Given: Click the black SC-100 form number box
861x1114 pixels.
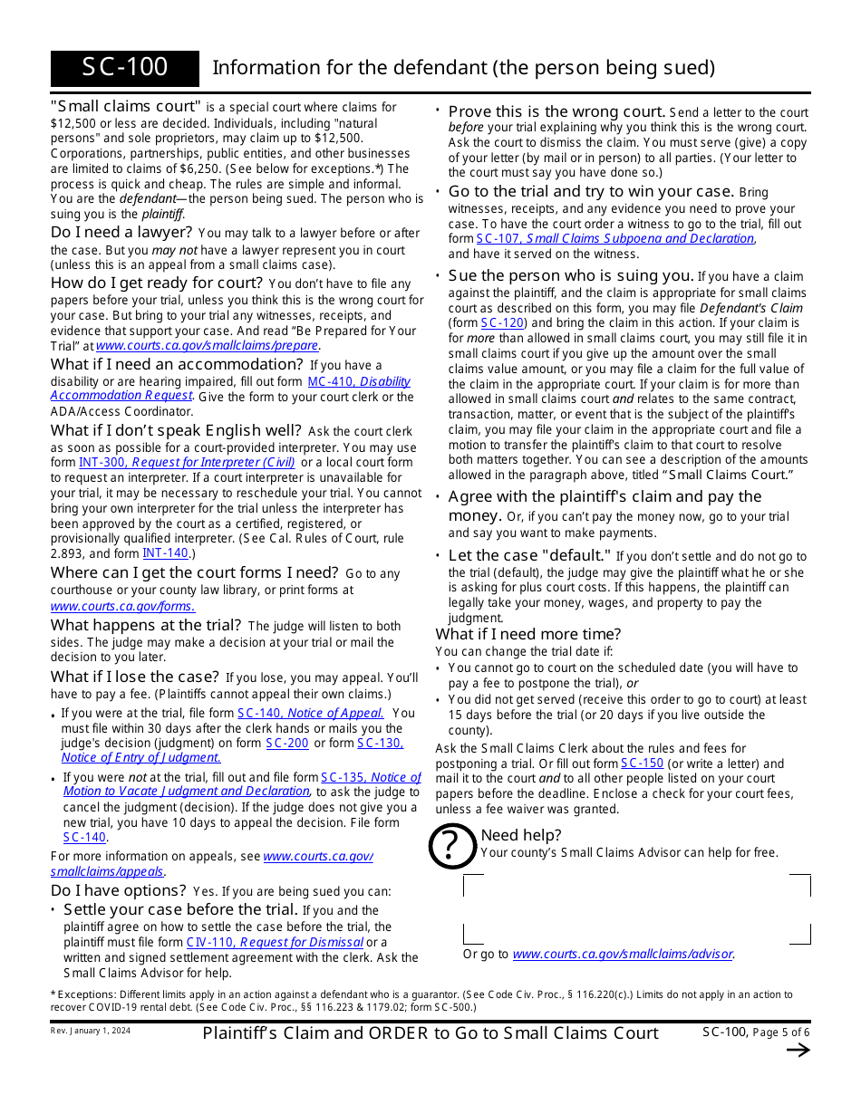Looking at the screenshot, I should (125, 68).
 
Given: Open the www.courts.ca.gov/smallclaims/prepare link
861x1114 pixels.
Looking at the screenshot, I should (207, 345).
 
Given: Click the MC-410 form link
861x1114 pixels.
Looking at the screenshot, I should (330, 381).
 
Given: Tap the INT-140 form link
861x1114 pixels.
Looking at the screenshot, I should (165, 552).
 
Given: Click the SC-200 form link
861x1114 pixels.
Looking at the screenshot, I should (287, 743).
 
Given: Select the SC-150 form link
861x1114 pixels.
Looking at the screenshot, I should (642, 763).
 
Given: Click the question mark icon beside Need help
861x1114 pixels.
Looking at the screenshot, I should (451, 845).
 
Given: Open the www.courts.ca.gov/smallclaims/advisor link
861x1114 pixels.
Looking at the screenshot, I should (622, 954).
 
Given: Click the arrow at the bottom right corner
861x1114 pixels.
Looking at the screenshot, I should (798, 1051).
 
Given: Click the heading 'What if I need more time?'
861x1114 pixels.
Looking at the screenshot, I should (528, 634).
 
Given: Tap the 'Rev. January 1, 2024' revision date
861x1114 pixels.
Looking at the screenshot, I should (90, 1030).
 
